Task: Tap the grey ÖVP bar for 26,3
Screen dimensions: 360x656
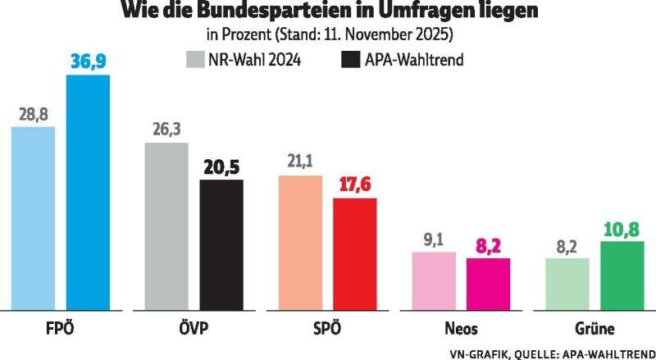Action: [166, 226]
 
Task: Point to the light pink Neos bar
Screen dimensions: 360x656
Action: [434, 281]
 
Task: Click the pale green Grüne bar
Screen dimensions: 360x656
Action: [567, 285]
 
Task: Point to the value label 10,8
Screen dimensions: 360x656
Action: [622, 228]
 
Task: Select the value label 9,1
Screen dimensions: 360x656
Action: [434, 241]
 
